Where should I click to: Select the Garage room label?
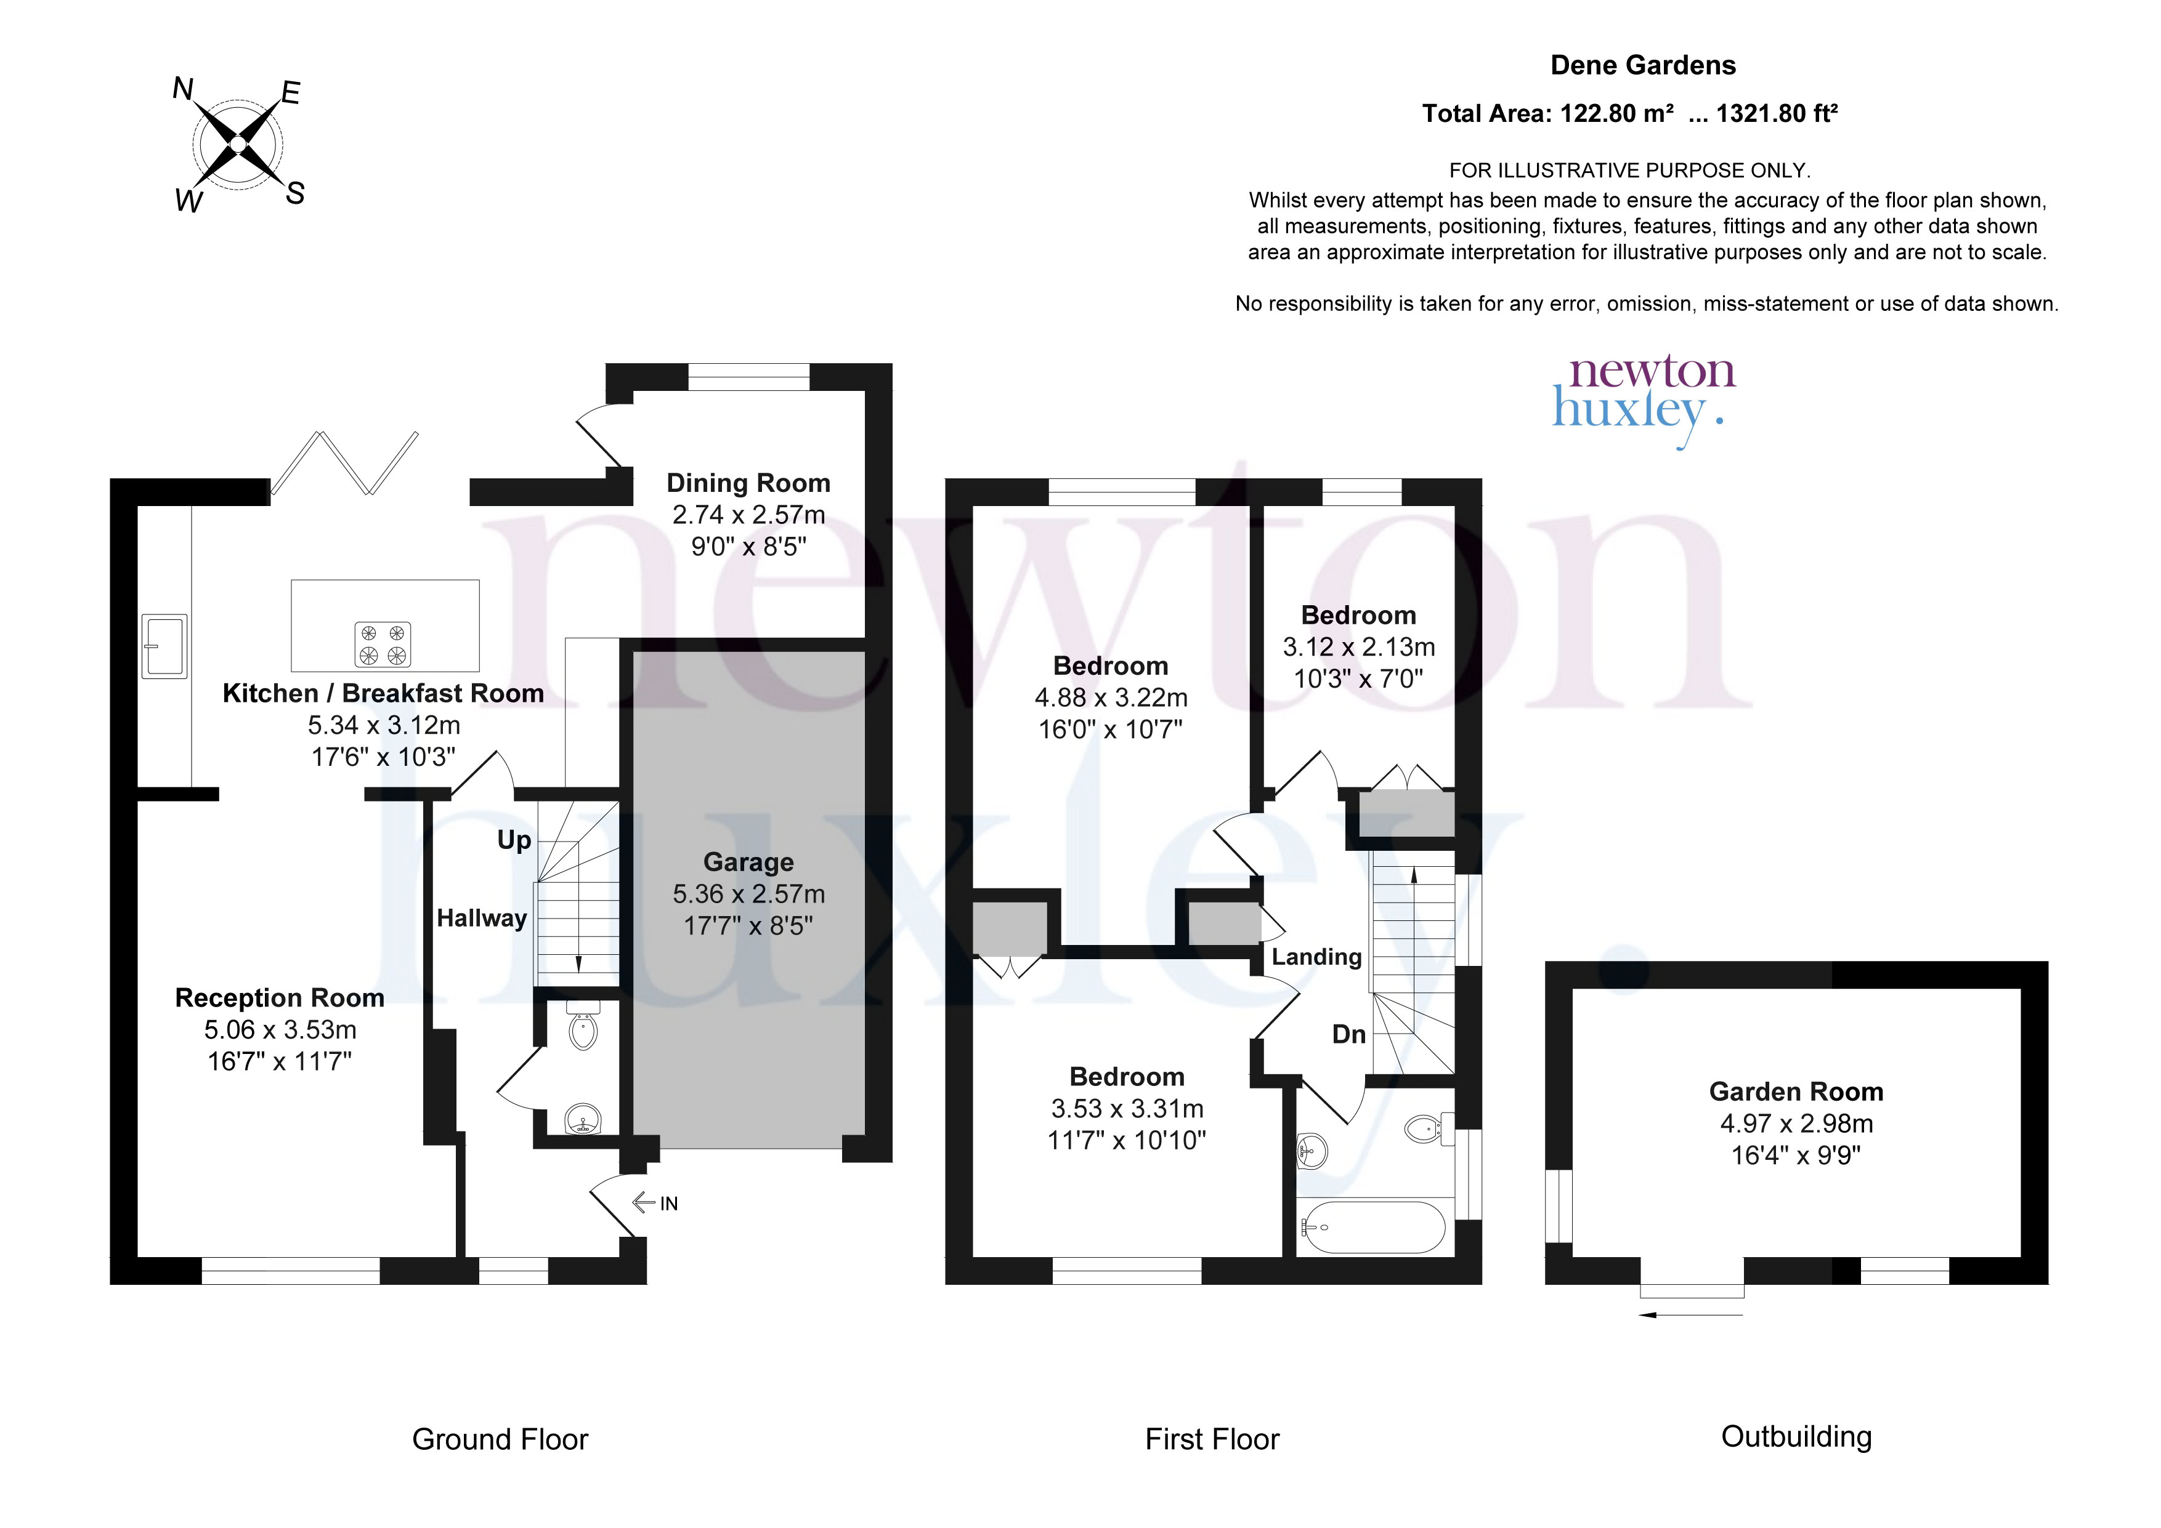[748, 862]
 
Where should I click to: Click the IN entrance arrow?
[655, 1202]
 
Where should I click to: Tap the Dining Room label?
[748, 483]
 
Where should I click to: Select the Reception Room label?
[280, 997]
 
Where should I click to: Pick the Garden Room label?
[1796, 1092]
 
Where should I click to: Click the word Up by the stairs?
[514, 840]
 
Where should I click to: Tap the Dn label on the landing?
[1348, 1034]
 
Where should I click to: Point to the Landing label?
[1316, 957]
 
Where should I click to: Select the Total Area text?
[1629, 114]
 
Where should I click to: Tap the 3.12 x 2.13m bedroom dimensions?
[1358, 647]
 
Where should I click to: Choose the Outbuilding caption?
[1796, 1437]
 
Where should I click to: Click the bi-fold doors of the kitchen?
[344, 463]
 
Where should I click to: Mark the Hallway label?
[481, 919]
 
